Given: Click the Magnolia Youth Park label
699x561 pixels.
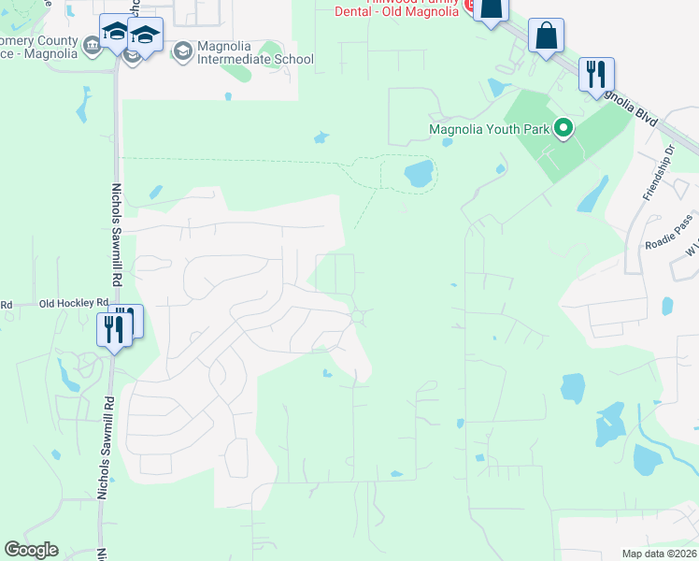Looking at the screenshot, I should pyautogui.click(x=489, y=129).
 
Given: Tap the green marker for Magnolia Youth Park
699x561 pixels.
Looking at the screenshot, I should pyautogui.click(x=563, y=128).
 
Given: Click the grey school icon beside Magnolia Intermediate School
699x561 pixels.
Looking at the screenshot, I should pyautogui.click(x=183, y=50).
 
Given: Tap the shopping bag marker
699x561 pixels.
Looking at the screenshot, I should pyautogui.click(x=546, y=37).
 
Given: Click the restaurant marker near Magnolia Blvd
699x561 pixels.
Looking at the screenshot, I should pyautogui.click(x=595, y=74).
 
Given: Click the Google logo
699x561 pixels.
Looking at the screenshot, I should pyautogui.click(x=31, y=550).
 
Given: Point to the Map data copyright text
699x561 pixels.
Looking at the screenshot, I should pyautogui.click(x=659, y=554).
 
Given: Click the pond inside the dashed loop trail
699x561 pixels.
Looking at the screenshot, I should pyautogui.click(x=419, y=172).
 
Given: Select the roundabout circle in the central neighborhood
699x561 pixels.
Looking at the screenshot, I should pyautogui.click(x=357, y=317).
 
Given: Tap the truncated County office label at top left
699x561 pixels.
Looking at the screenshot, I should pyautogui.click(x=37, y=47).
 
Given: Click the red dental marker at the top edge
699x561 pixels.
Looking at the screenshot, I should pyautogui.click(x=471, y=4).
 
